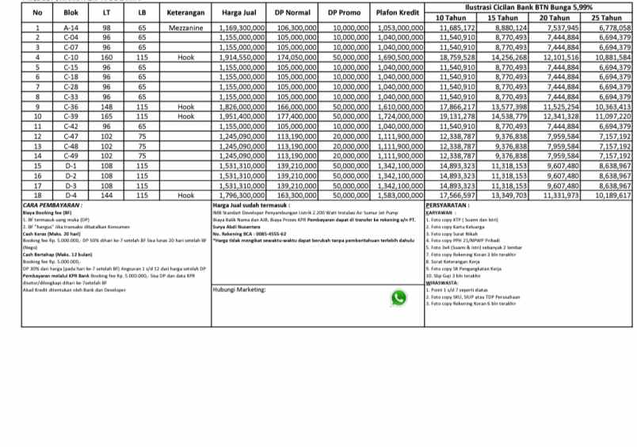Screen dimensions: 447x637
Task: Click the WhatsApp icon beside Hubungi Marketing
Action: tap(399, 319)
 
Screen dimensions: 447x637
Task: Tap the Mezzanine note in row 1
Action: tap(186, 28)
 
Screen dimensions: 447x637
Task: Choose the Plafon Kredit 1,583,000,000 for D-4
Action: tap(398, 195)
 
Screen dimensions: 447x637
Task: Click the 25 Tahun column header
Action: tap(606, 17)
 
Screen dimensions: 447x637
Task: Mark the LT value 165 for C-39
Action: tap(107, 117)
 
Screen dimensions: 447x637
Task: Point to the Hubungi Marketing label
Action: tap(238, 312)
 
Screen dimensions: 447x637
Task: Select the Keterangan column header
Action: tap(186, 13)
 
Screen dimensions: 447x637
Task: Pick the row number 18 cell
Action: tap(37, 195)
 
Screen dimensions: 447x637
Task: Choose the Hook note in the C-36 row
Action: tap(186, 106)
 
